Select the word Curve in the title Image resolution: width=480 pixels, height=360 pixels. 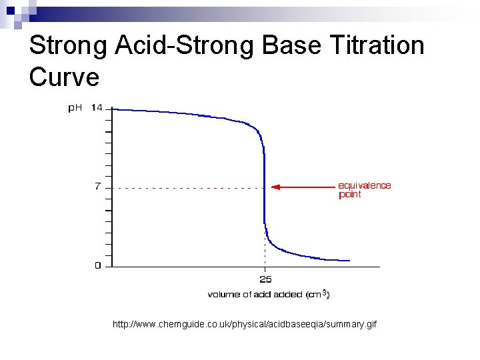(x=65, y=77)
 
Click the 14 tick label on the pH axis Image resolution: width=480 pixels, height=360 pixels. (x=97, y=107)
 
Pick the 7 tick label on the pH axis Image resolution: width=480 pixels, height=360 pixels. (x=98, y=187)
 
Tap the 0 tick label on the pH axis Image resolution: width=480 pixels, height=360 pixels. (x=98, y=265)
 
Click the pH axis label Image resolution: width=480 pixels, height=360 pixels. (x=75, y=107)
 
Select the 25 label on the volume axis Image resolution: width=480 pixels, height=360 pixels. (x=265, y=279)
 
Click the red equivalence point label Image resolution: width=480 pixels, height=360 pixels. (x=364, y=190)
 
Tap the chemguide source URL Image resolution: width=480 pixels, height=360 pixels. (x=245, y=324)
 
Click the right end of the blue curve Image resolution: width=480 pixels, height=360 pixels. (x=349, y=260)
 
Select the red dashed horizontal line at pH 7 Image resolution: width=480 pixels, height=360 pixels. (x=187, y=188)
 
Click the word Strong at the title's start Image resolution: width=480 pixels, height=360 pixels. (x=68, y=46)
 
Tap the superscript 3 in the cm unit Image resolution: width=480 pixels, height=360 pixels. (x=324, y=291)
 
